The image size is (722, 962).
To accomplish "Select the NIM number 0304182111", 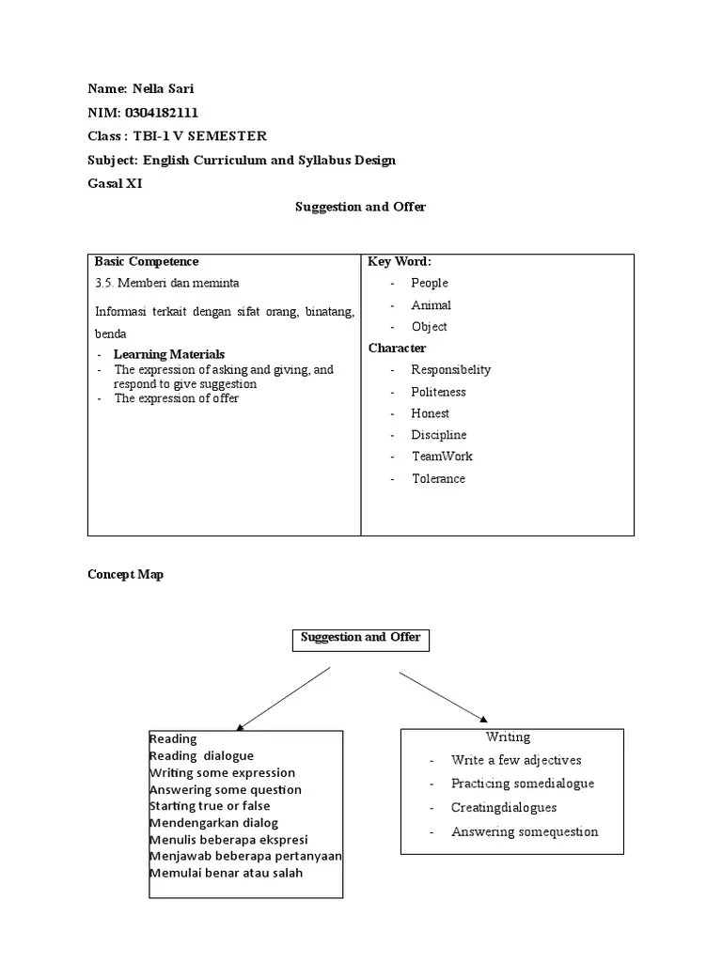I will pos(161,113).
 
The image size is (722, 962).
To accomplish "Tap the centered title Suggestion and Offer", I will pos(361,207).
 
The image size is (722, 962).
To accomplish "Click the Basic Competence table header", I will pos(147,262).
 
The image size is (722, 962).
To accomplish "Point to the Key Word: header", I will pos(400,262).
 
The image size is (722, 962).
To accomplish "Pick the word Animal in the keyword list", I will pos(431,305).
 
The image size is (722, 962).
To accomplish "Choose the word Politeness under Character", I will pos(438,392).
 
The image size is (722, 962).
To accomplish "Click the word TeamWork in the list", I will pos(442,457).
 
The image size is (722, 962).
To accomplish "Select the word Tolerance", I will pos(438,479).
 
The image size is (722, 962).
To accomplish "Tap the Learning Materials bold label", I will pos(169,355).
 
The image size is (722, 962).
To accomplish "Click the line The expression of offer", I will pos(177,398).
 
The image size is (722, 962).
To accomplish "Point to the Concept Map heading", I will pos(125,575).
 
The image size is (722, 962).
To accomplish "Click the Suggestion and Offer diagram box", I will pos(361,639).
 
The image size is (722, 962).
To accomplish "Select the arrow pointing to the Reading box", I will pos(284,698).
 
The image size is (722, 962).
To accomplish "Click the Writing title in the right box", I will pos(508,737).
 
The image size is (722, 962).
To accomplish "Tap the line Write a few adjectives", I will pos(516,761).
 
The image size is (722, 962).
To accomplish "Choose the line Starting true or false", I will pos(210,806).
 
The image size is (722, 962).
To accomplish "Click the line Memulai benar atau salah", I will pos(226,874).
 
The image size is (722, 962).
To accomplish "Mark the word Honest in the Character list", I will pos(430,413).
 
